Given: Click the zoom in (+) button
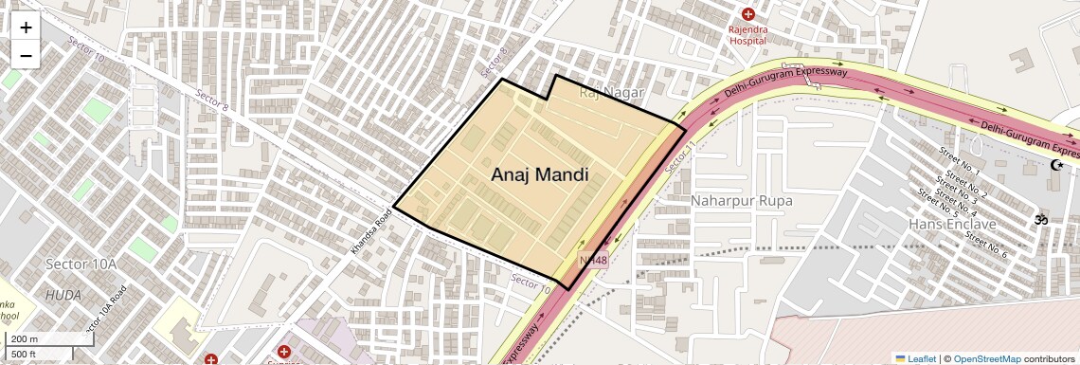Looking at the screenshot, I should tap(26, 27).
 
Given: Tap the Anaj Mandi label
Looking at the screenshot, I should tap(539, 174).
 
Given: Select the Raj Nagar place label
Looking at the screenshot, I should tap(611, 92).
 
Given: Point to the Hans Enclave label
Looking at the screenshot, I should tap(952, 225).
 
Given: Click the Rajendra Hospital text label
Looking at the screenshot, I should tap(748, 35).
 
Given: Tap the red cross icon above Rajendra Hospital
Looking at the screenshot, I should tap(748, 14).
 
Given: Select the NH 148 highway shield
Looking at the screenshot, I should tap(593, 259).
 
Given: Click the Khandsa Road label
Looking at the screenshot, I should tap(371, 232).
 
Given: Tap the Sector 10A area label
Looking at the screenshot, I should tap(81, 264).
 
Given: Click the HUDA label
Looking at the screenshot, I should tap(63, 295).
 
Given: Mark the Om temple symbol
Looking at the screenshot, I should tap(1040, 220).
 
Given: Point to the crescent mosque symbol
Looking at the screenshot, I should tap(1056, 165).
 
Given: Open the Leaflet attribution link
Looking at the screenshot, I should tap(915, 358).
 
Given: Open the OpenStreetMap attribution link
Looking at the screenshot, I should tap(986, 358).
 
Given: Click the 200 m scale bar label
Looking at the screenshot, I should tap(26, 339).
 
